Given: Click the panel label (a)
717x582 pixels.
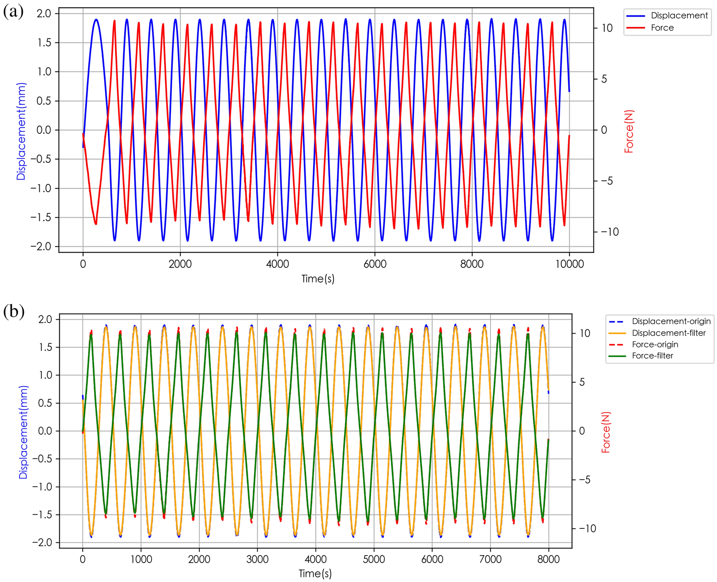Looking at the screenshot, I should point(13,11).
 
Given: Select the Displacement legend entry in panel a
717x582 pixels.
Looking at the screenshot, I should point(679,15).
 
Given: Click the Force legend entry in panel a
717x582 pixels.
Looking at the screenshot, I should point(662,28).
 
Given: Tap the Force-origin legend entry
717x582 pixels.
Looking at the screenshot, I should point(655,344).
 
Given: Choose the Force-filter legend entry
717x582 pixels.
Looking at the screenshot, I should point(652,355).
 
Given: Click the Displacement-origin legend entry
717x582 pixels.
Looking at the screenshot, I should point(671,321).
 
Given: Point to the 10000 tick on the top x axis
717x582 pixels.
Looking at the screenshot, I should point(569,264).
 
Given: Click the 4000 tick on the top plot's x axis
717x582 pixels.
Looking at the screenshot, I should point(277,264).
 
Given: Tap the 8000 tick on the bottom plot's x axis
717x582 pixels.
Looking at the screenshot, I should point(548,559).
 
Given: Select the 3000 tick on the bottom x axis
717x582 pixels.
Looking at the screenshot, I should point(257,559).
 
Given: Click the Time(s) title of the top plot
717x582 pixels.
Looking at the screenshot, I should point(318,278).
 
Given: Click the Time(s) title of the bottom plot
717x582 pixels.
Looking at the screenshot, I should point(315,573).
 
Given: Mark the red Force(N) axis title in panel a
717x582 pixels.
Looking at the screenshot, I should point(629,131).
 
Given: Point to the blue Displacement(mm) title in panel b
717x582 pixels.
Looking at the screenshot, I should point(23,432).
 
